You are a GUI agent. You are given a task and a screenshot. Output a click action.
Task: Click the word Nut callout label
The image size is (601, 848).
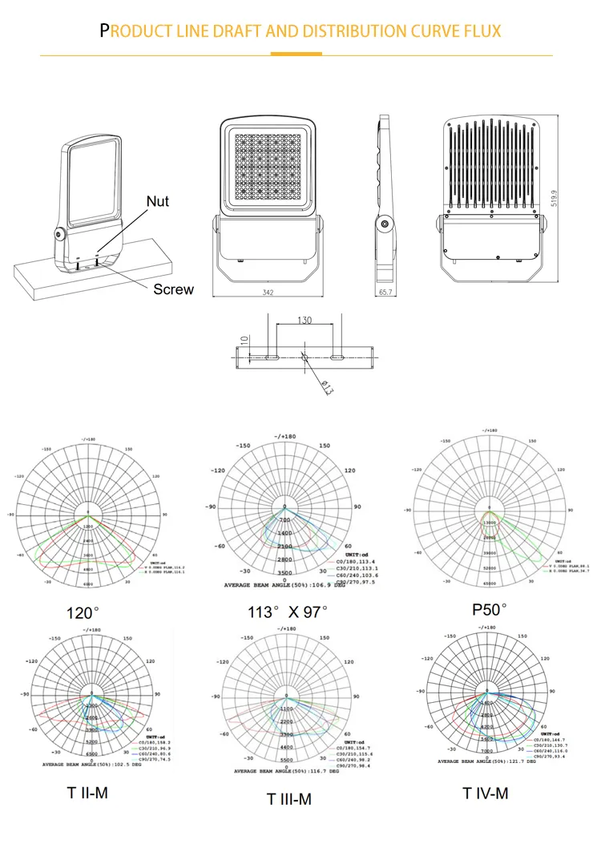coord(158,200)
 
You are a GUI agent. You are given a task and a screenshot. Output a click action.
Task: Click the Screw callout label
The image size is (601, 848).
coord(173,289)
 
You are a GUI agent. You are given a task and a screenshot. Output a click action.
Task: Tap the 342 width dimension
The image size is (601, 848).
coord(267,293)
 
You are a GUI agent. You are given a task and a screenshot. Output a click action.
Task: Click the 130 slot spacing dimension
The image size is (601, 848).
coord(305,321)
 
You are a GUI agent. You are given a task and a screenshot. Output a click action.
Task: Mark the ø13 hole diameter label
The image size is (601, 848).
coord(327,387)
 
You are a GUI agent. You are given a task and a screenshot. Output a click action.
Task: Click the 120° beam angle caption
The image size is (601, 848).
coord(84,613)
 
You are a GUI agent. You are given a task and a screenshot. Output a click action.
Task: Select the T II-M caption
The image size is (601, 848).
coord(87,793)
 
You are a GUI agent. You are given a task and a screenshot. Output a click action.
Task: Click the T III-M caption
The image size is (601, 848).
coord(288,798)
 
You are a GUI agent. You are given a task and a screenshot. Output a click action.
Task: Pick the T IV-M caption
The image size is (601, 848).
coord(485,793)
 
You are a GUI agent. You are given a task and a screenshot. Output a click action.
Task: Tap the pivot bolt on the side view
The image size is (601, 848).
coord(385,225)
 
